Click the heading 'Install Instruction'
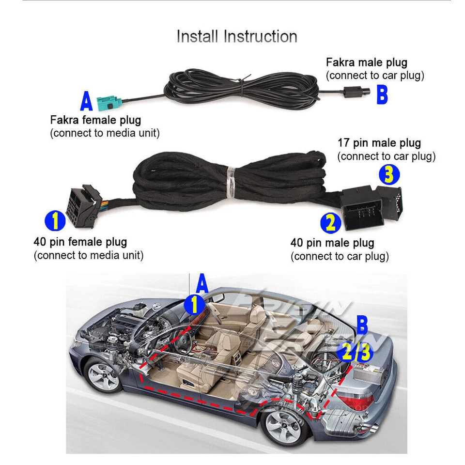[x=236, y=37]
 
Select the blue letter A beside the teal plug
[x=86, y=102]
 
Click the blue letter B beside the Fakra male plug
[x=382, y=95]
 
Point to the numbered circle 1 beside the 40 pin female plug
[x=55, y=221]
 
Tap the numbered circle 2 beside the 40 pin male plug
[x=330, y=223]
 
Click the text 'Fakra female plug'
[x=95, y=120]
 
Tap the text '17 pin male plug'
[x=379, y=143]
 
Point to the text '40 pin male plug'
[x=332, y=243]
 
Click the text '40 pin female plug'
[x=80, y=242]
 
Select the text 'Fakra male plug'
[x=366, y=62]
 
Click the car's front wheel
[x=102, y=374]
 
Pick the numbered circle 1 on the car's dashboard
[x=194, y=305]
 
